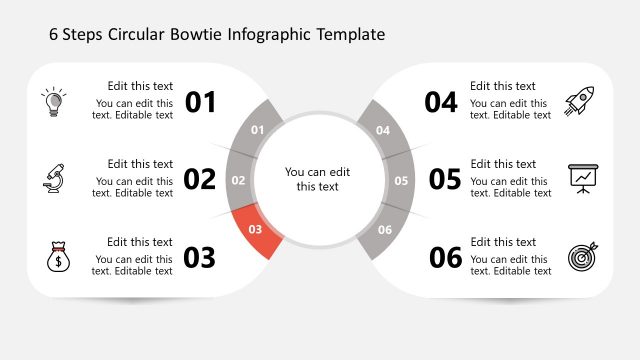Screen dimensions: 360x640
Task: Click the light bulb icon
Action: tap(52, 100)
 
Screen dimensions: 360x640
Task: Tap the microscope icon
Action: tap(53, 178)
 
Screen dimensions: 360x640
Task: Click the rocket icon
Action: tap(581, 100)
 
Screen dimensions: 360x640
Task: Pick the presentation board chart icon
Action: tap(582, 178)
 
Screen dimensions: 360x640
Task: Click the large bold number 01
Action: tap(201, 102)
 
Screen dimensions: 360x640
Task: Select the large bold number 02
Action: tap(200, 179)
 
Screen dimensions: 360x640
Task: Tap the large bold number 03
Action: tap(200, 257)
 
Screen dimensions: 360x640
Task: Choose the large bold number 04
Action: tap(441, 102)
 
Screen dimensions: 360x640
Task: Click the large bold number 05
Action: tap(445, 179)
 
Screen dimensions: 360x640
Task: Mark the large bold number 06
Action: tap(445, 257)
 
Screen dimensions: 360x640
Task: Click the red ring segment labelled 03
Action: tap(254, 229)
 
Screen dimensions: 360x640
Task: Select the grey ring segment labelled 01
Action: tap(257, 130)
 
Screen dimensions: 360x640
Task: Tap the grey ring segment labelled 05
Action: tap(401, 181)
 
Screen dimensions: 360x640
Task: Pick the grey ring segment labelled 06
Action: tap(384, 230)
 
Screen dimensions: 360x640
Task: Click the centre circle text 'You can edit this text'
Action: tap(318, 179)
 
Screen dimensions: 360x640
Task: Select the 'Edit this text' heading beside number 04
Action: tap(503, 86)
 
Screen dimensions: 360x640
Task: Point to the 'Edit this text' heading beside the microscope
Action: tap(140, 164)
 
